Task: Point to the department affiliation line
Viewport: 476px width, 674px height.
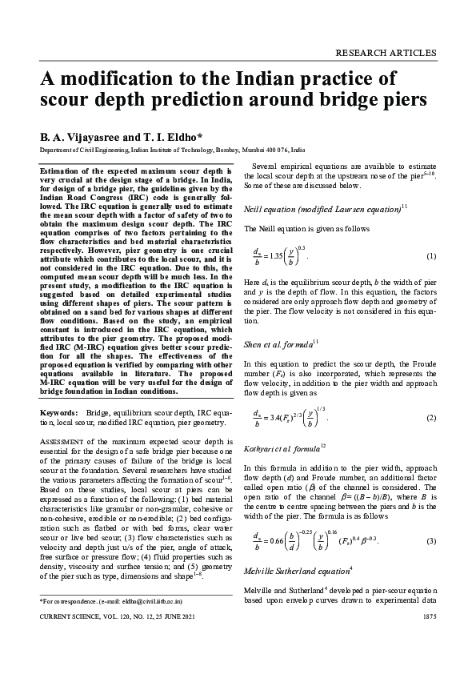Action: [172, 150]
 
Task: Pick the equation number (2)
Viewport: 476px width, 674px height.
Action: [430, 417]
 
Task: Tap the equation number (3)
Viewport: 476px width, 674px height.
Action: [430, 542]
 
